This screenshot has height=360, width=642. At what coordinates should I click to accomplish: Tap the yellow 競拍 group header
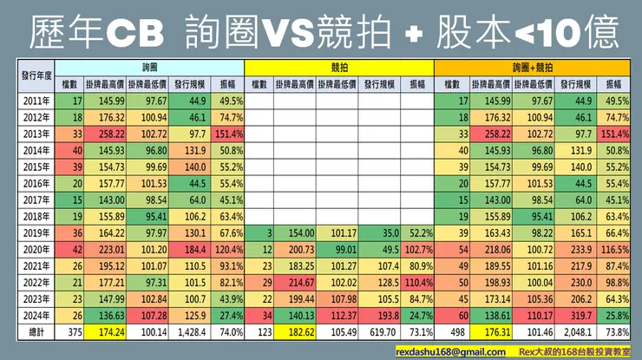tap(338, 67)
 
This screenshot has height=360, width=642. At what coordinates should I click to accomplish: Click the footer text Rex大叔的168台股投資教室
tap(573, 351)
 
